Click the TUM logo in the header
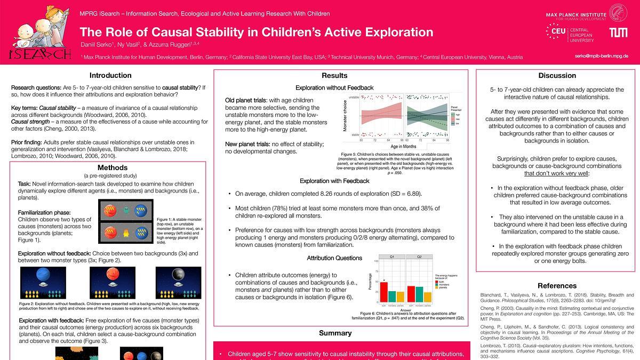click(619, 33)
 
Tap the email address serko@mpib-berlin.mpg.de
click(602, 56)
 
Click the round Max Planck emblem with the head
click(619, 12)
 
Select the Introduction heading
click(110, 75)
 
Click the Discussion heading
click(557, 75)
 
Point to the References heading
click(557, 286)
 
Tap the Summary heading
click(335, 333)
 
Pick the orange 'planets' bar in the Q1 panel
click(400, 297)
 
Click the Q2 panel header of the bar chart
click(419, 256)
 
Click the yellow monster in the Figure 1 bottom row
click(126, 232)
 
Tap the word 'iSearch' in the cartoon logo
click(40, 54)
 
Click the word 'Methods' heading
click(113, 167)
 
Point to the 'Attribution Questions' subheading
click(334, 258)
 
